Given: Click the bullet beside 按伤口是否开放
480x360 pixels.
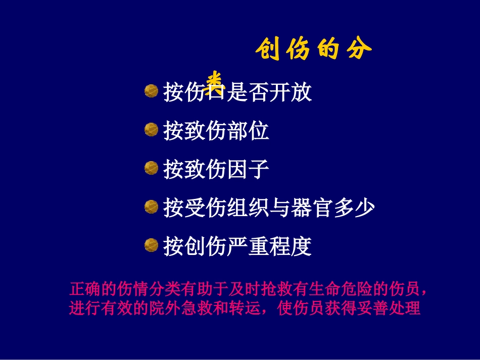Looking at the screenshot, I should click(x=151, y=91).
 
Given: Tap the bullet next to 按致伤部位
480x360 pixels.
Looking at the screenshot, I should click(x=151, y=130).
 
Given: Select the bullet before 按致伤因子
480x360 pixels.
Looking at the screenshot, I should click(x=151, y=169).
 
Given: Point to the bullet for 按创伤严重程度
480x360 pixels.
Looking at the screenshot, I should click(x=151, y=245).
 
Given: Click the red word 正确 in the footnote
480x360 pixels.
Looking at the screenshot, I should click(x=82, y=289).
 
